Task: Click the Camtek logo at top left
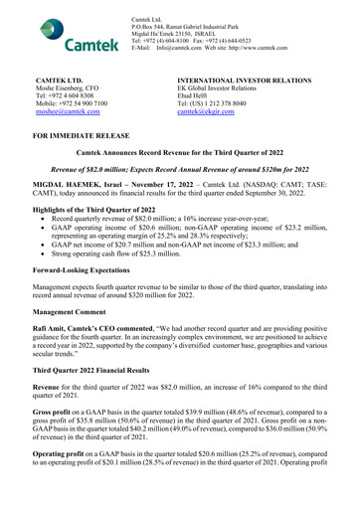tap(72, 36)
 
